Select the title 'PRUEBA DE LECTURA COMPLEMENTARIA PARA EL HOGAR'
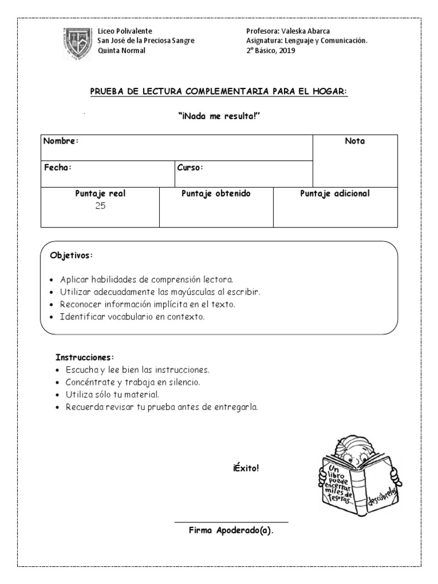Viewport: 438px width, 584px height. tap(219, 92)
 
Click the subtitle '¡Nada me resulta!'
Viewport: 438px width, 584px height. tap(219, 116)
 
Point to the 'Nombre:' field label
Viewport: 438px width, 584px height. tap(61, 141)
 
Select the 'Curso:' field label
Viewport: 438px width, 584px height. tap(190, 168)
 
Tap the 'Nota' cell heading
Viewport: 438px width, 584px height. tap(355, 141)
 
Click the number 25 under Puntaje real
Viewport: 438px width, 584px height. tap(100, 206)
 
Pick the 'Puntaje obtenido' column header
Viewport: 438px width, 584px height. tap(216, 194)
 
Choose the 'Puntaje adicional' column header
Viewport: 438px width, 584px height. tap(335, 194)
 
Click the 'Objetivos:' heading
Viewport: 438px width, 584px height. tap(71, 255)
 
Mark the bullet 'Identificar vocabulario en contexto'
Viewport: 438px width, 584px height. tap(132, 316)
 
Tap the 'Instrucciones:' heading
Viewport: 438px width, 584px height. tap(85, 358)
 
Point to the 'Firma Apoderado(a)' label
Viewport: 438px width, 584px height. tap(231, 530)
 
